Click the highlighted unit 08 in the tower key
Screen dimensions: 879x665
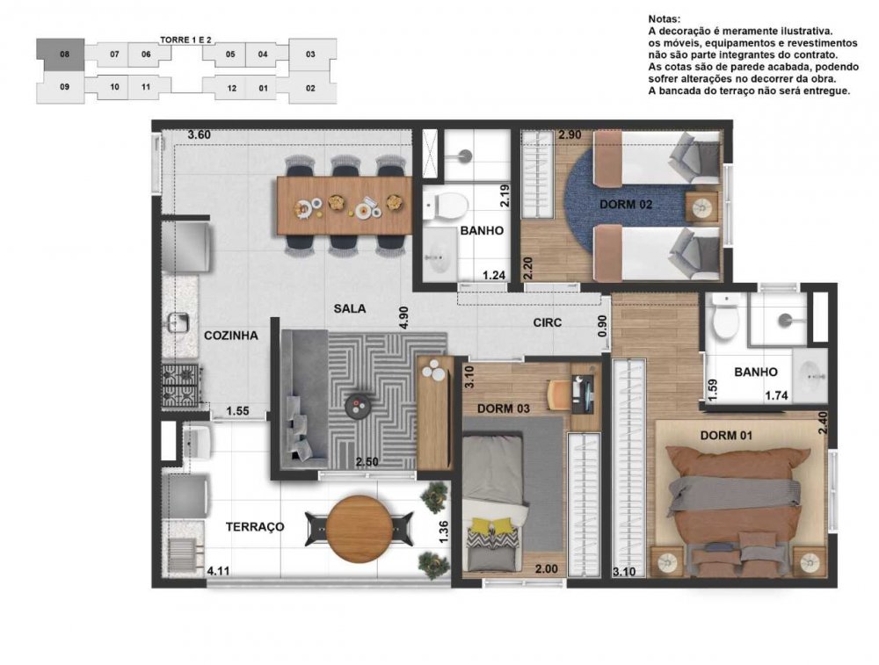pyautogui.click(x=61, y=54)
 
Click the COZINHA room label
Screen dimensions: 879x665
pyautogui.click(x=231, y=336)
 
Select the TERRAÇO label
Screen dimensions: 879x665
pyautogui.click(x=255, y=526)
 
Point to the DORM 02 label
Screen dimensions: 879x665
pyautogui.click(x=626, y=205)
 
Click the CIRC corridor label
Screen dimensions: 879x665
pyautogui.click(x=547, y=322)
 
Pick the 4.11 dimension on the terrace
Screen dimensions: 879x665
pyautogui.click(x=219, y=571)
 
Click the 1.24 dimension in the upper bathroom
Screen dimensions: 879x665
pyautogui.click(x=494, y=275)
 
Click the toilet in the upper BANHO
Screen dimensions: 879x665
pyautogui.click(x=445, y=206)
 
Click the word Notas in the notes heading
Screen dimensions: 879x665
pyautogui.click(x=665, y=19)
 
